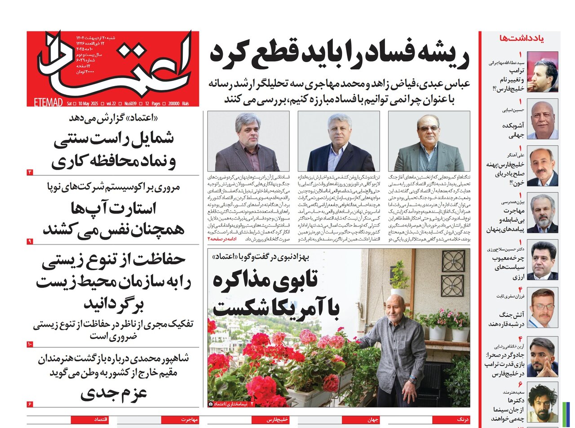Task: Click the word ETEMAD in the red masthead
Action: coord(48,103)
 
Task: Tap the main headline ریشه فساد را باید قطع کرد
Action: coord(340,53)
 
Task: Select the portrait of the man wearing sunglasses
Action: coord(429,141)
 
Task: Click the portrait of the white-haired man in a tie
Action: coord(339,141)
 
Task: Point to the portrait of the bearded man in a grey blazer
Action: coord(248,141)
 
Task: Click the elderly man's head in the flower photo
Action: coord(395,307)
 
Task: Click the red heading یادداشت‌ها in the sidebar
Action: coord(521,38)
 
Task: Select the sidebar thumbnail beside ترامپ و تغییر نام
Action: coord(542,72)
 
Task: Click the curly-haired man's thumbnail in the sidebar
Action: coord(542,402)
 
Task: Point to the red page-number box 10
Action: coord(30,344)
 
